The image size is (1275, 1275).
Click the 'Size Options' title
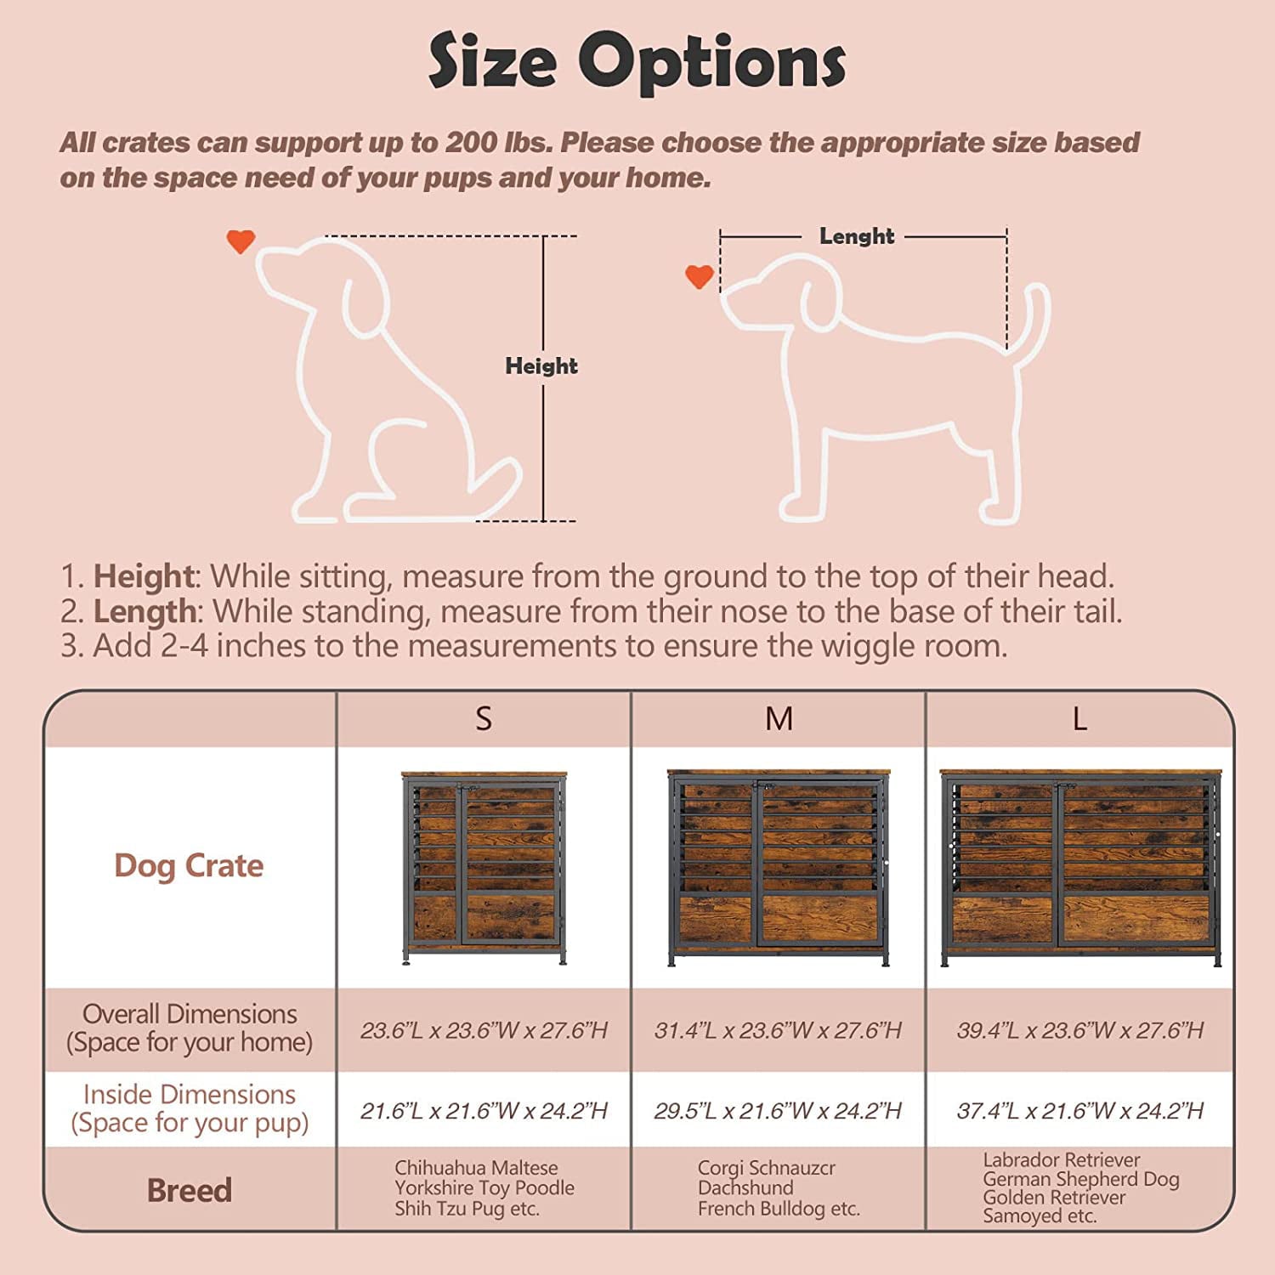[637, 61]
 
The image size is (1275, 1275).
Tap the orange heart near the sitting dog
[241, 241]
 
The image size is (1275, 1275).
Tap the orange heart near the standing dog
[699, 275]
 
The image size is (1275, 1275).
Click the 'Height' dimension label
[541, 366]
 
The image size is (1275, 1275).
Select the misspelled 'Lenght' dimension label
[856, 236]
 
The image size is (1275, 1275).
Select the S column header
[483, 719]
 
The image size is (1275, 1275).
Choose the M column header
[779, 719]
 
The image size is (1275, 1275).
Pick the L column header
[1079, 719]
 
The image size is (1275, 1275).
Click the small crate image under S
[484, 867]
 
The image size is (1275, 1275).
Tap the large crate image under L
[1079, 867]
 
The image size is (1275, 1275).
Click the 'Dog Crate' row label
[189, 865]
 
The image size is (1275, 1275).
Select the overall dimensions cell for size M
[778, 1030]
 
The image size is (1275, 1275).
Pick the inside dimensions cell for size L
[1079, 1111]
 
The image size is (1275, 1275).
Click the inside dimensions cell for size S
[484, 1111]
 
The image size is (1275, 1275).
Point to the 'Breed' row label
[189, 1190]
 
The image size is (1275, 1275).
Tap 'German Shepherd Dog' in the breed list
[1080, 1179]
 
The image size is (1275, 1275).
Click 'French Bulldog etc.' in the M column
[779, 1209]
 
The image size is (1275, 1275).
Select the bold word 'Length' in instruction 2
[144, 611]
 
